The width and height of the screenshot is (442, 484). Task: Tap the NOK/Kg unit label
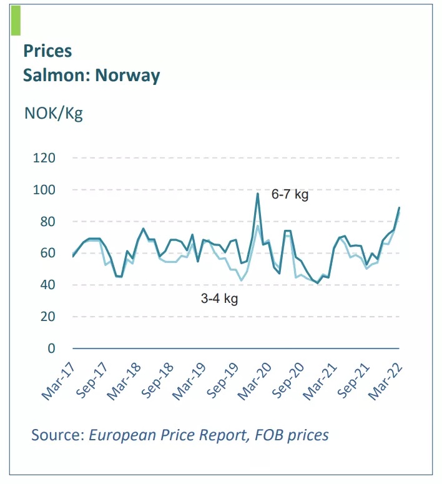point(53,114)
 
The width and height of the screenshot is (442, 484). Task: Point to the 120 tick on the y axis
point(46,158)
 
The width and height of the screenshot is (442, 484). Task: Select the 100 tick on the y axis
point(46,190)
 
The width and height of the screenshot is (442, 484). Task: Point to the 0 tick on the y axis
point(52,348)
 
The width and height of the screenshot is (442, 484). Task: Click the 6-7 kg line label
point(290,195)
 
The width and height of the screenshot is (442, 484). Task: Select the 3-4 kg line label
point(219,299)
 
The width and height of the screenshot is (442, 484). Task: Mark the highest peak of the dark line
point(258,194)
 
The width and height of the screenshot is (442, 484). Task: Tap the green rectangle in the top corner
point(16,20)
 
